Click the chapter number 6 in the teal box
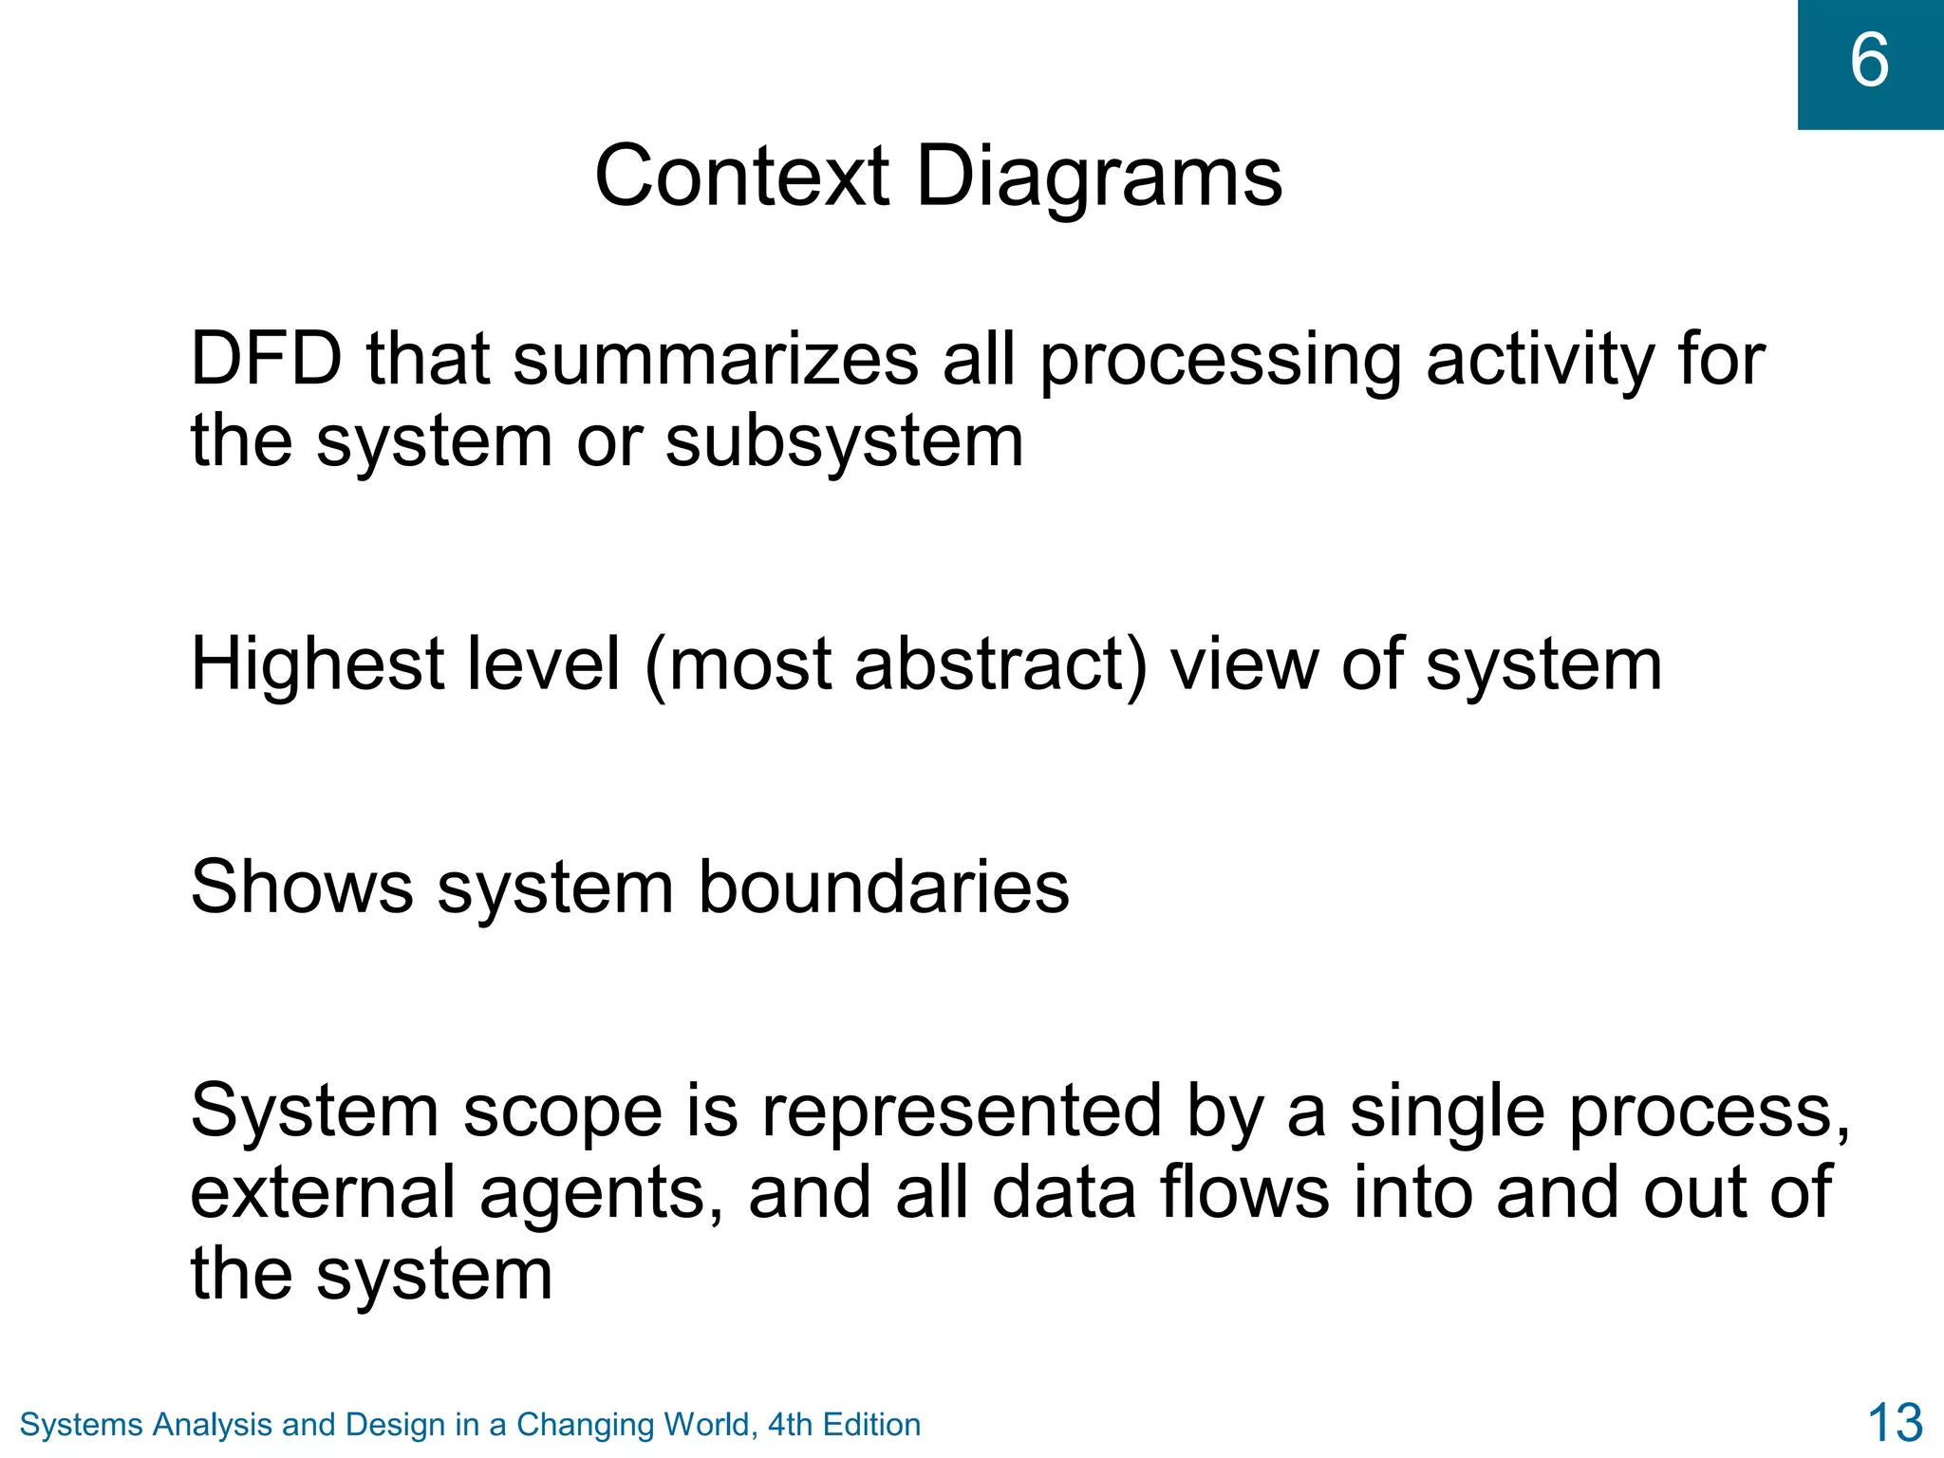pos(1869,61)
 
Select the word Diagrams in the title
pos(1099,178)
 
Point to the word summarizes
pos(716,361)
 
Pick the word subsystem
pos(844,442)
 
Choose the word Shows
pos(302,888)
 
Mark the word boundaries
pos(884,888)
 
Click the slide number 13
pos(1895,1423)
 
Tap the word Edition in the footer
pos(871,1425)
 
